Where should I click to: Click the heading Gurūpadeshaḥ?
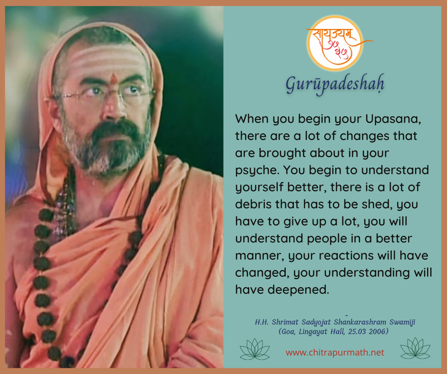click(335, 84)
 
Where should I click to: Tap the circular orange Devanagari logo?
click(336, 43)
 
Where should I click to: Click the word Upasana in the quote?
click(393, 119)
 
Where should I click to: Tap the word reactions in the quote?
click(346, 255)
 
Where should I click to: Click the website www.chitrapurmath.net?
click(335, 353)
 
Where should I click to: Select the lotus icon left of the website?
click(254, 349)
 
